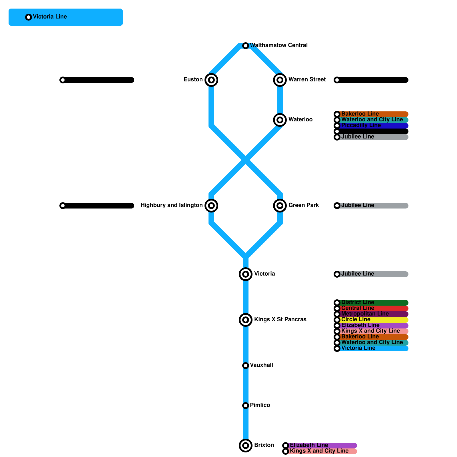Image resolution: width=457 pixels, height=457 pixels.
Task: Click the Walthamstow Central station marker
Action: click(246, 46)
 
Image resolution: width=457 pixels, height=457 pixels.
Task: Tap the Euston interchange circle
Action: click(211, 80)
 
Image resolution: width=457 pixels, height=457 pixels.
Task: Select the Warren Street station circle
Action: click(280, 80)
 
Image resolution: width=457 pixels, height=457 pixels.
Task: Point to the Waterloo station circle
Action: click(280, 120)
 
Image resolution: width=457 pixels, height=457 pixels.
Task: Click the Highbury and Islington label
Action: click(171, 205)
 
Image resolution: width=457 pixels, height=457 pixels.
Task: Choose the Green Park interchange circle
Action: click(280, 206)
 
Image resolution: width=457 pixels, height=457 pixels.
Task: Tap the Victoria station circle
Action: click(246, 274)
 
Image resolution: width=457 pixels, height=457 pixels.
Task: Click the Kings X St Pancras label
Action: click(280, 320)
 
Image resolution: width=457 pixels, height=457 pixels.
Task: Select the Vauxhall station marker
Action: click(246, 366)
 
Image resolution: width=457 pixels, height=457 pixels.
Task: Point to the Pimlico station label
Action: click(260, 405)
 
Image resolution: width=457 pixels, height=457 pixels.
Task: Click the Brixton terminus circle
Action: click(246, 446)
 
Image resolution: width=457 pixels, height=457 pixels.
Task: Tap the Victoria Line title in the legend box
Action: click(50, 17)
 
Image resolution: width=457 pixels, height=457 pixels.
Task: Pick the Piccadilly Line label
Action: click(361, 125)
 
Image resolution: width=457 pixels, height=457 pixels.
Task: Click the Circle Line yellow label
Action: click(356, 320)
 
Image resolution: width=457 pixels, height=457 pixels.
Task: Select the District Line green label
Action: click(358, 302)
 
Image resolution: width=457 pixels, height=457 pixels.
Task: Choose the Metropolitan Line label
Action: click(365, 314)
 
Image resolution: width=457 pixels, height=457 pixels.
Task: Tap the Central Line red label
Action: click(358, 308)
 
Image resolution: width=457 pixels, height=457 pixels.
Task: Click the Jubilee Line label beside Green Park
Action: click(358, 205)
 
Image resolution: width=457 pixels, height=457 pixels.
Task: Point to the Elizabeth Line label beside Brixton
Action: click(309, 445)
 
